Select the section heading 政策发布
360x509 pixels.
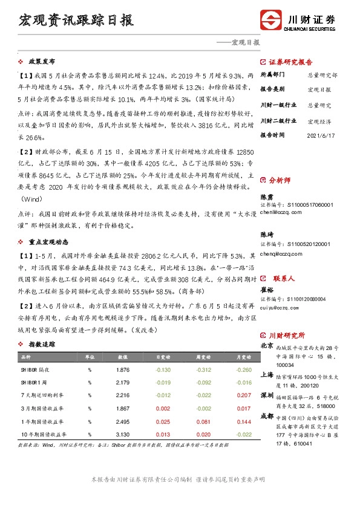(42, 62)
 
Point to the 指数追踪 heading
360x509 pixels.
(42, 344)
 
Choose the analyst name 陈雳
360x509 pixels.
(266, 197)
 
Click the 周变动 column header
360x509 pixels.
(204, 357)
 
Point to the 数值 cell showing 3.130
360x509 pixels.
(123, 433)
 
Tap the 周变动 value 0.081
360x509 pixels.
(204, 421)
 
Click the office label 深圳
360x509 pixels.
(267, 395)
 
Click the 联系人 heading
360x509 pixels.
(283, 279)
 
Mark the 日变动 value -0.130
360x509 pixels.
(163, 369)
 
